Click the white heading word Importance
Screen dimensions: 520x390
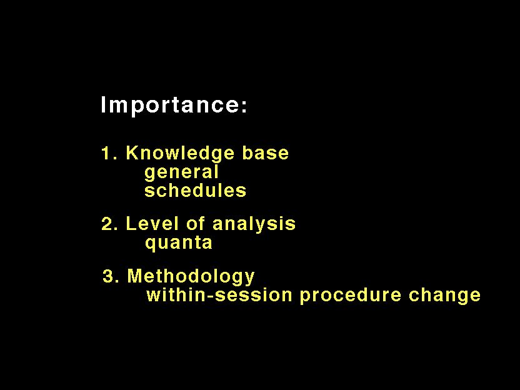[169, 106]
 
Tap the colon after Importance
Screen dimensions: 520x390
[244, 106]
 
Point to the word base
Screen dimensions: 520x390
[265, 153]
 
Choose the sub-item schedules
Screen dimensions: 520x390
[196, 191]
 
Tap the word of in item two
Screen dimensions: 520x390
[196, 223]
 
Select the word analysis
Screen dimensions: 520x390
[254, 224]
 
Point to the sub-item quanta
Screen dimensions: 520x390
[179, 243]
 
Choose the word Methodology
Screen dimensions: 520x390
[191, 277]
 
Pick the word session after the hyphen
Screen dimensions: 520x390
[253, 295]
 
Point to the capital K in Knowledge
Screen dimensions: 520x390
[132, 153]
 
